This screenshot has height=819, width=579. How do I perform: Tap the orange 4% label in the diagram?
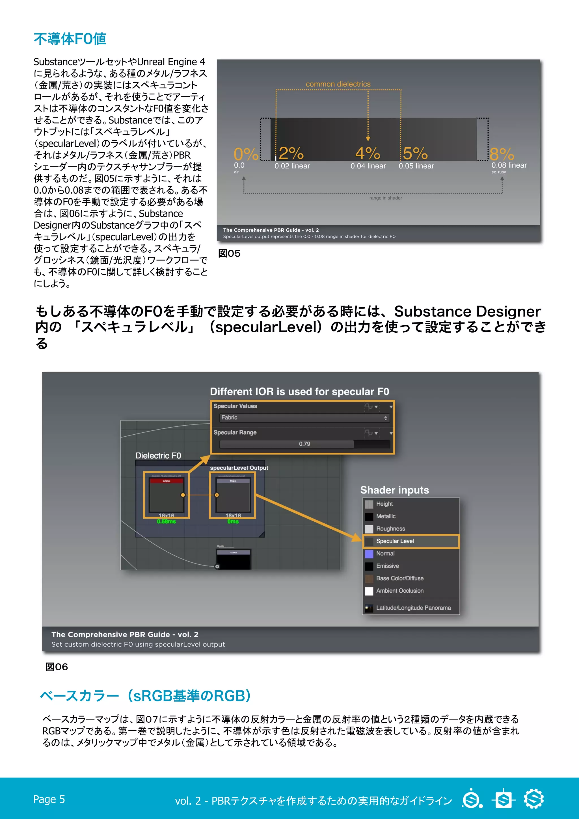pyautogui.click(x=368, y=153)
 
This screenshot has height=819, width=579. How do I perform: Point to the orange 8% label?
pyautogui.click(x=502, y=154)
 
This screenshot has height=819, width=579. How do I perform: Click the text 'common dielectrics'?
pyautogui.click(x=338, y=84)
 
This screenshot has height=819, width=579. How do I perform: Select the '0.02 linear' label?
pyautogui.click(x=292, y=166)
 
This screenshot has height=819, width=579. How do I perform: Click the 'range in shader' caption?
pyautogui.click(x=385, y=198)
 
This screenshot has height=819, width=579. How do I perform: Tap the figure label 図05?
pyautogui.click(x=229, y=253)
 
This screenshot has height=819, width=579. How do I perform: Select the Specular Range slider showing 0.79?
pyautogui.click(x=304, y=444)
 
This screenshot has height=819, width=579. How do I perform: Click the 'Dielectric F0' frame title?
pyautogui.click(x=158, y=456)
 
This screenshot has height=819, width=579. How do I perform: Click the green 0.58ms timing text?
pyautogui.click(x=166, y=521)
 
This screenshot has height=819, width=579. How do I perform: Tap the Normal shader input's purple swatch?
pyautogui.click(x=369, y=554)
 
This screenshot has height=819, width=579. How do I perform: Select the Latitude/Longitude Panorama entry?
pyautogui.click(x=413, y=608)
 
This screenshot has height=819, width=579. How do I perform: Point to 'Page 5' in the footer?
pyautogui.click(x=49, y=799)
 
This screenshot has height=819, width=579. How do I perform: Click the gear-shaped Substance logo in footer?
pyautogui.click(x=534, y=799)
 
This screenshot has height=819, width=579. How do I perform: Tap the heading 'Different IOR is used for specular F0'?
pyautogui.click(x=299, y=392)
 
